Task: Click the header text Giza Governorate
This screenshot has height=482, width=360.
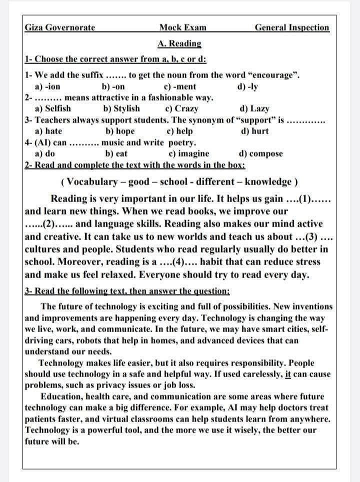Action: [60, 27]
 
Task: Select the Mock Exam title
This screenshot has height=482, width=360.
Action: [182, 27]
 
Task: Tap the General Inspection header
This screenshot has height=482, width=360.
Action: [292, 27]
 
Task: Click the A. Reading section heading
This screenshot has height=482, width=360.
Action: [179, 43]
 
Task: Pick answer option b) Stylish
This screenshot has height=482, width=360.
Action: [121, 108]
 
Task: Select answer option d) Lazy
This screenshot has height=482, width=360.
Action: [254, 108]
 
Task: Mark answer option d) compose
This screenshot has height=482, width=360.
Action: [261, 153]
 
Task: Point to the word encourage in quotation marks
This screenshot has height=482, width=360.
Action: [272, 75]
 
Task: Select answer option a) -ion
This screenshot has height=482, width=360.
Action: [48, 86]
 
